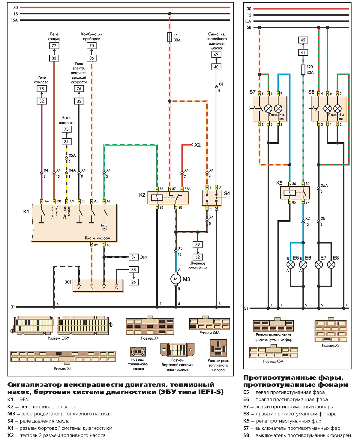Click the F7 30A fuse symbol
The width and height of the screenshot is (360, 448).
coord(169,37)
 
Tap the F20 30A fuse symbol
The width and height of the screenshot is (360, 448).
coord(303,70)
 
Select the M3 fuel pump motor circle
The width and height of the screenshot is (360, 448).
coord(176,279)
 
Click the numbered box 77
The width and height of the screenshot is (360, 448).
coord(54,46)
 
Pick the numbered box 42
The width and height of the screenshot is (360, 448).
coord(303,40)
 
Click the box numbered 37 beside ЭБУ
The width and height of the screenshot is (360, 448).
coord(133,257)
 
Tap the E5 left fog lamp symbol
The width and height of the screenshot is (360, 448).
coord(291,265)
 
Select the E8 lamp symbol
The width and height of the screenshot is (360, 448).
coord(331,265)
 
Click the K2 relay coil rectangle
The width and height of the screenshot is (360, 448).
coord(157,197)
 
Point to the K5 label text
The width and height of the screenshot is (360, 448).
coord(279,183)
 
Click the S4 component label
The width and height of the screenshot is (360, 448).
coord(227,194)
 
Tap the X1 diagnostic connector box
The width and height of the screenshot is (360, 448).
coord(98,285)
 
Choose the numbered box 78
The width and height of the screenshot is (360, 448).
coord(41,89)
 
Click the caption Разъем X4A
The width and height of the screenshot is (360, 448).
coord(209,333)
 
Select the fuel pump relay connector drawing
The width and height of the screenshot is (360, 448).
coord(218,348)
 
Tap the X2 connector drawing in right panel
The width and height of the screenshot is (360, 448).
coord(331,331)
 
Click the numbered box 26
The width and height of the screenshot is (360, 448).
coord(133,282)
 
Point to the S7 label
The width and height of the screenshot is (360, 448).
coord(252,92)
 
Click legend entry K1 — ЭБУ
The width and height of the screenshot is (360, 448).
coord(18,399)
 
